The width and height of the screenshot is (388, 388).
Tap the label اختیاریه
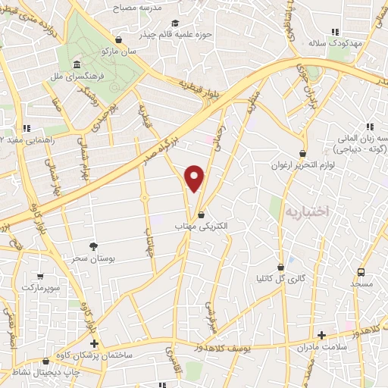[308, 211]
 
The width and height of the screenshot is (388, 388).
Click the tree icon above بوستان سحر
[94, 246]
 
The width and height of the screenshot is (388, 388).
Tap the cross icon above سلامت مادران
[321, 335]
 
